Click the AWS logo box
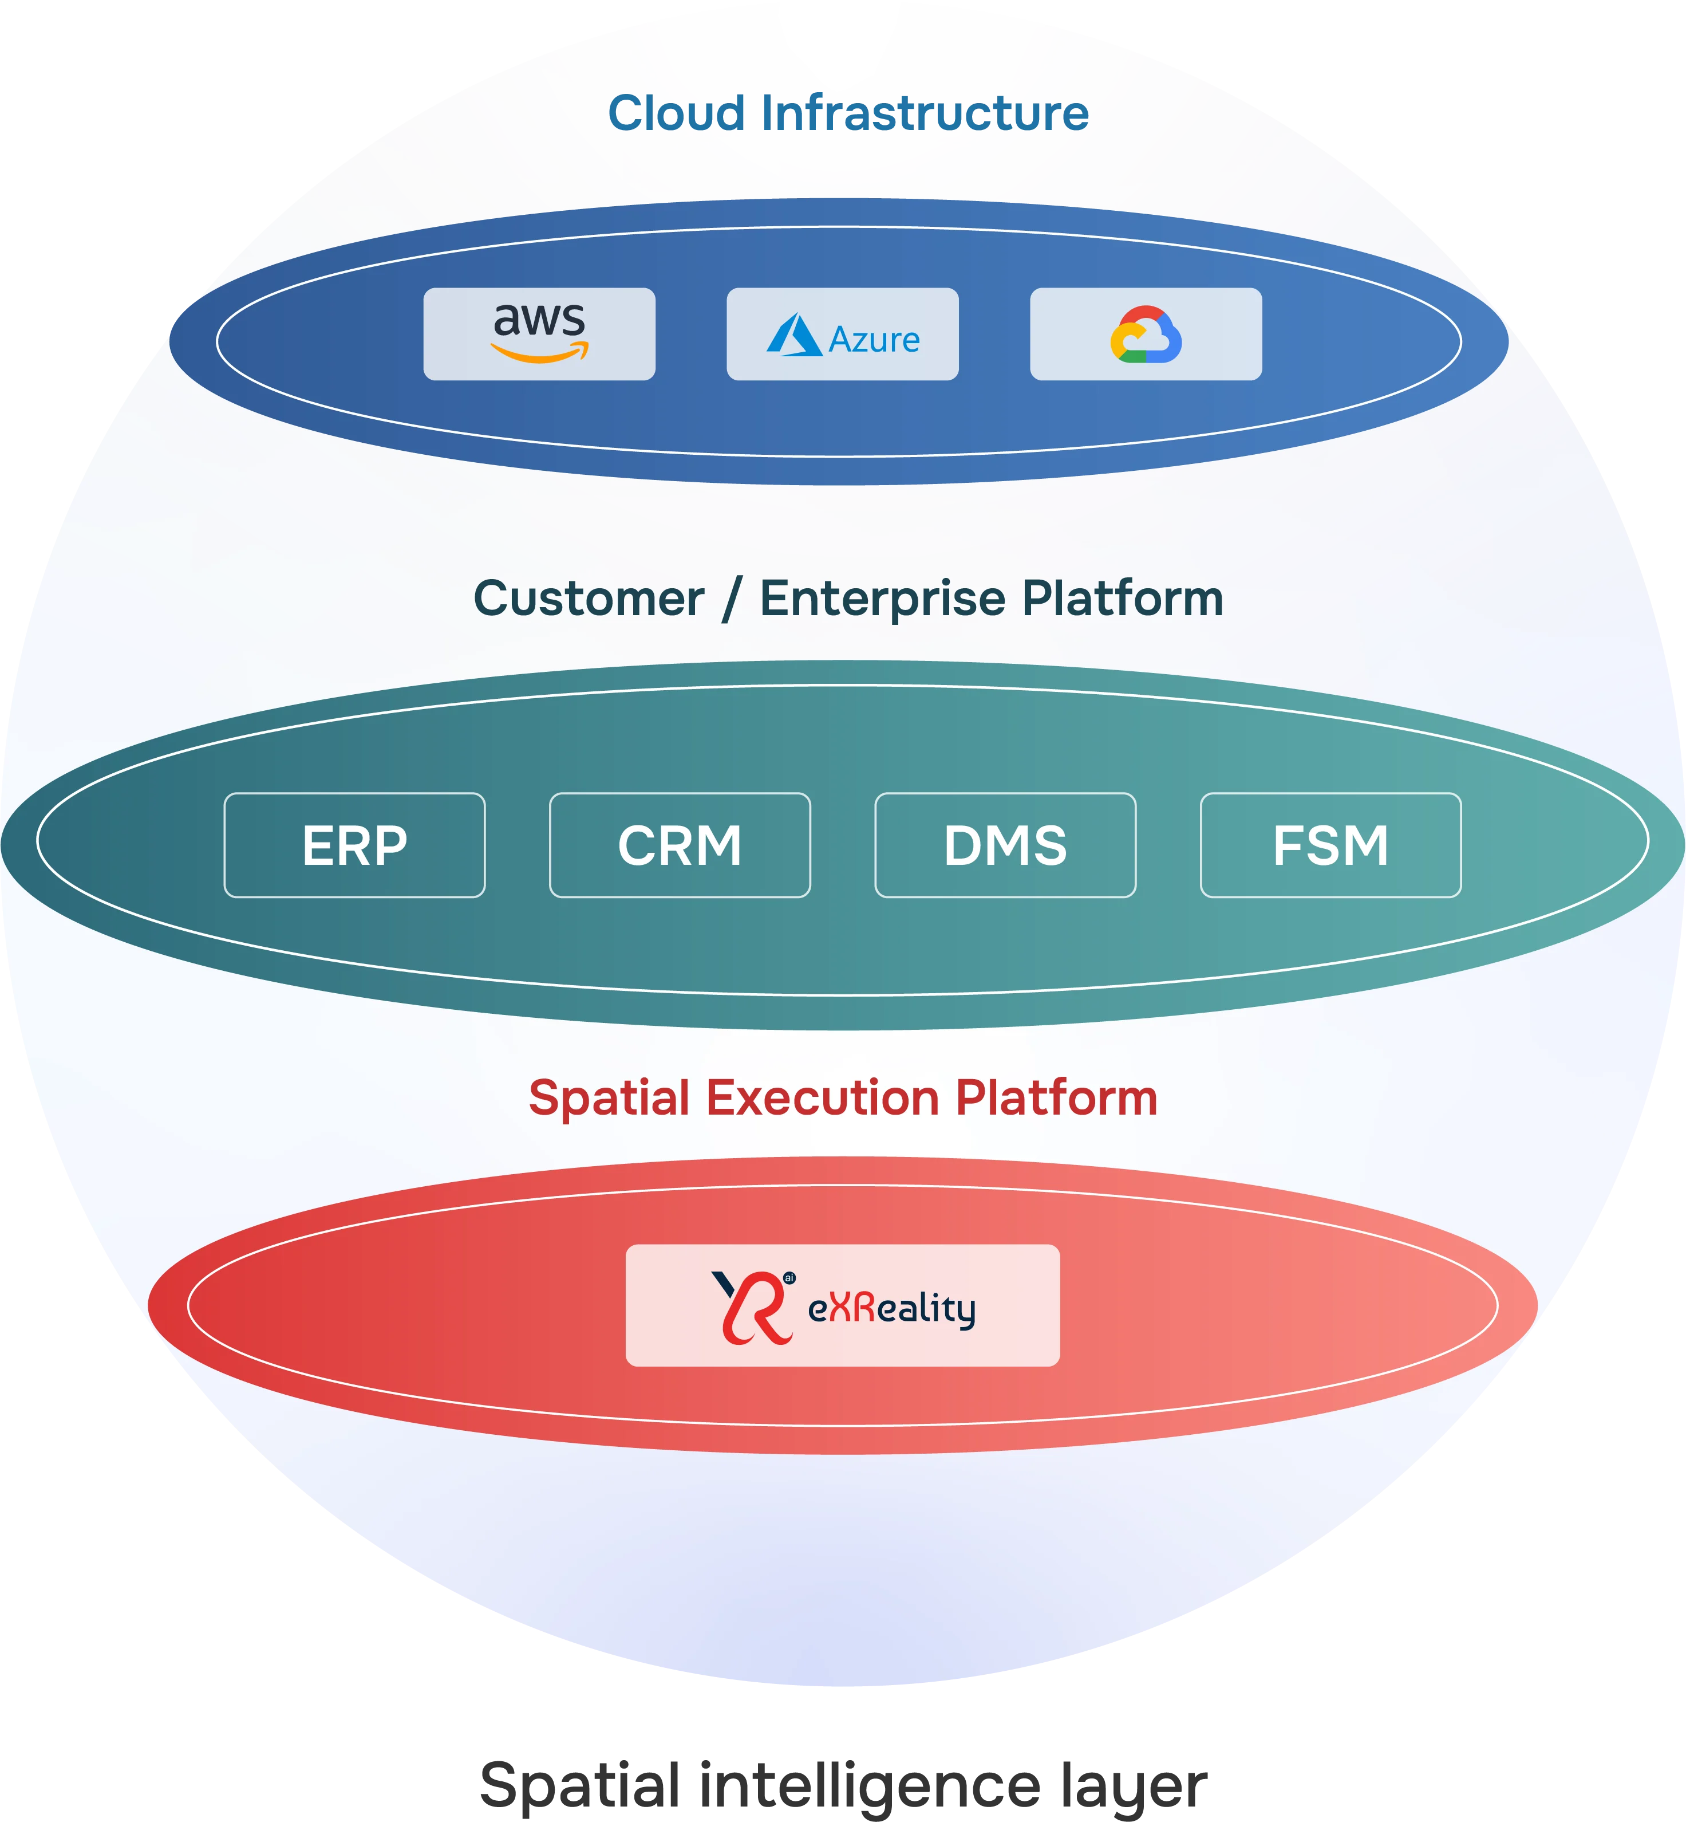tap(539, 334)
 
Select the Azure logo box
tap(842, 334)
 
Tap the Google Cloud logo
tap(1146, 335)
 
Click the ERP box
tap(355, 845)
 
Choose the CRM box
tap(680, 845)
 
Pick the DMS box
tap(1005, 845)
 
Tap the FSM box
tap(1330, 845)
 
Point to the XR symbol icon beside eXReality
tap(752, 1306)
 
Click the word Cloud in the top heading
tap(676, 113)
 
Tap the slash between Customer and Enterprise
tap(731, 600)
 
